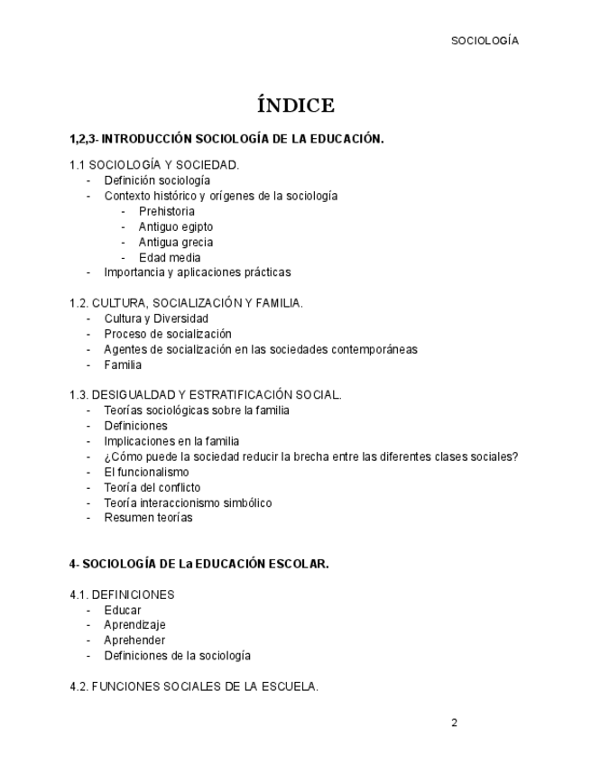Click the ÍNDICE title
coord(295,106)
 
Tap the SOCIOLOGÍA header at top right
coord(485,41)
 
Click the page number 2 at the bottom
coord(454,723)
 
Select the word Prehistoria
coord(166,211)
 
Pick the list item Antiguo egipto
coord(175,226)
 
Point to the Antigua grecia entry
coord(175,242)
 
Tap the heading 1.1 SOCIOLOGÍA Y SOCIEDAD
coord(153,165)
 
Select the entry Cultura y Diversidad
coord(155,318)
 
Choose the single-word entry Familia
coord(123,364)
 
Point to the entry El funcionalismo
coord(146,472)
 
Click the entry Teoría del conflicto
coord(152,487)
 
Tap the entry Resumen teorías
coord(148,518)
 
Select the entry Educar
coord(122,610)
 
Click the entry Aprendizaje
coord(134,624)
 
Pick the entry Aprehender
coord(134,640)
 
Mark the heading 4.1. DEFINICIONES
coord(122,594)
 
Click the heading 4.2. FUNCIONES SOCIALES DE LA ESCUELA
coord(193,687)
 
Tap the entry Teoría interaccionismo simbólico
coord(188,502)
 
